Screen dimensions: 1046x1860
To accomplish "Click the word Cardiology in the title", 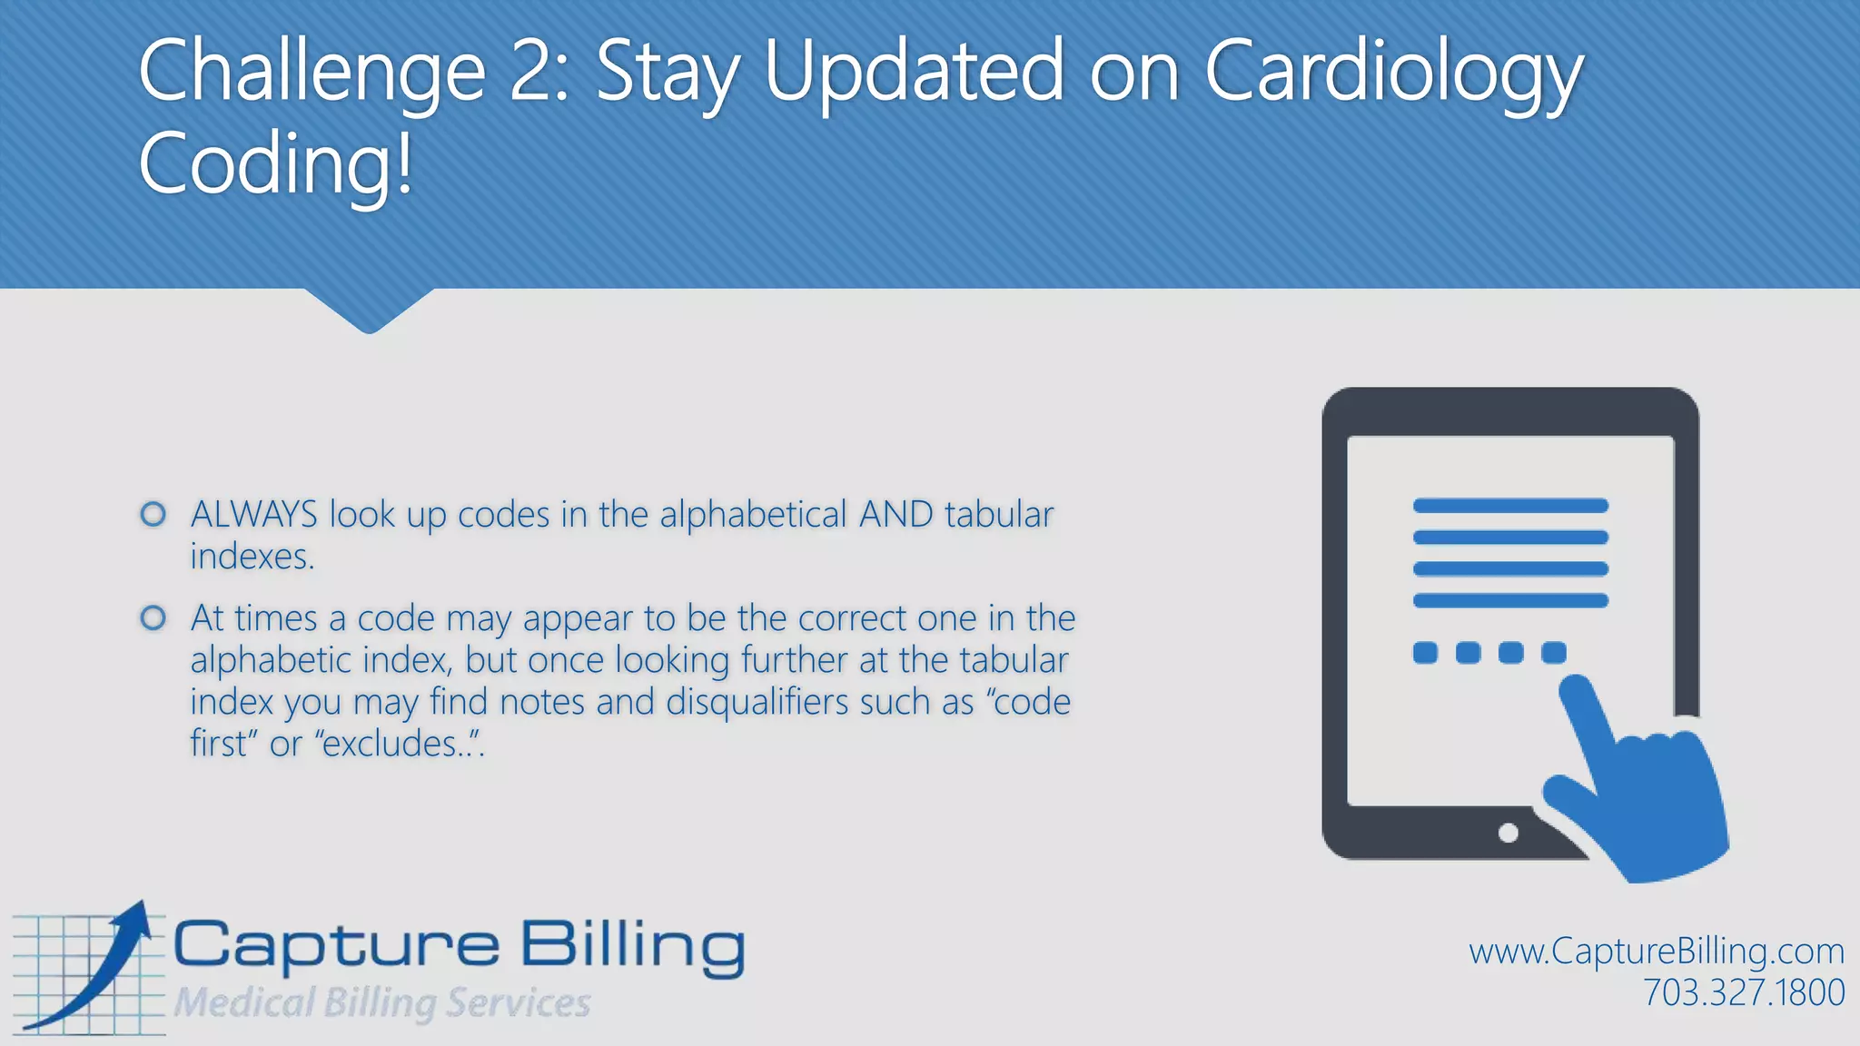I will coord(1393,73).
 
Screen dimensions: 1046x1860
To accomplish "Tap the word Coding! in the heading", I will coord(275,164).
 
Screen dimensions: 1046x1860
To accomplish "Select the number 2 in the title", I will coord(533,73).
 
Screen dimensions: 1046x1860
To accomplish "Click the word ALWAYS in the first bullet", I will coord(253,515).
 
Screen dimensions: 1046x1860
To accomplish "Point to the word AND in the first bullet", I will coord(895,515).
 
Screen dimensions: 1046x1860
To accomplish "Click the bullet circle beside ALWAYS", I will coord(153,515).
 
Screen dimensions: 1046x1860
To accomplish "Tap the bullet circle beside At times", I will coord(153,618).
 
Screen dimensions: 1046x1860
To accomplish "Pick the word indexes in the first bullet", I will coord(251,557).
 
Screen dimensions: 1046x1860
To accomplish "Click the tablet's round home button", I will coord(1509,833).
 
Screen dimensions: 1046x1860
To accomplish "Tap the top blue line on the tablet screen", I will coord(1510,506).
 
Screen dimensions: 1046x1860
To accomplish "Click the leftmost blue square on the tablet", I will coord(1425,652).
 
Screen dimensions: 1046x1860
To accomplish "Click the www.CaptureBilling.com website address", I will coord(1656,951).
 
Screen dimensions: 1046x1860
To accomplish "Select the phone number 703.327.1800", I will coord(1743,992).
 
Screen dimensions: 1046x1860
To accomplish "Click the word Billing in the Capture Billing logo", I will coord(632,946).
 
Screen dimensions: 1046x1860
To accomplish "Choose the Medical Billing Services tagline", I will coord(382,1002).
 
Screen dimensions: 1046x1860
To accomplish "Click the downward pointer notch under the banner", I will coord(369,313).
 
